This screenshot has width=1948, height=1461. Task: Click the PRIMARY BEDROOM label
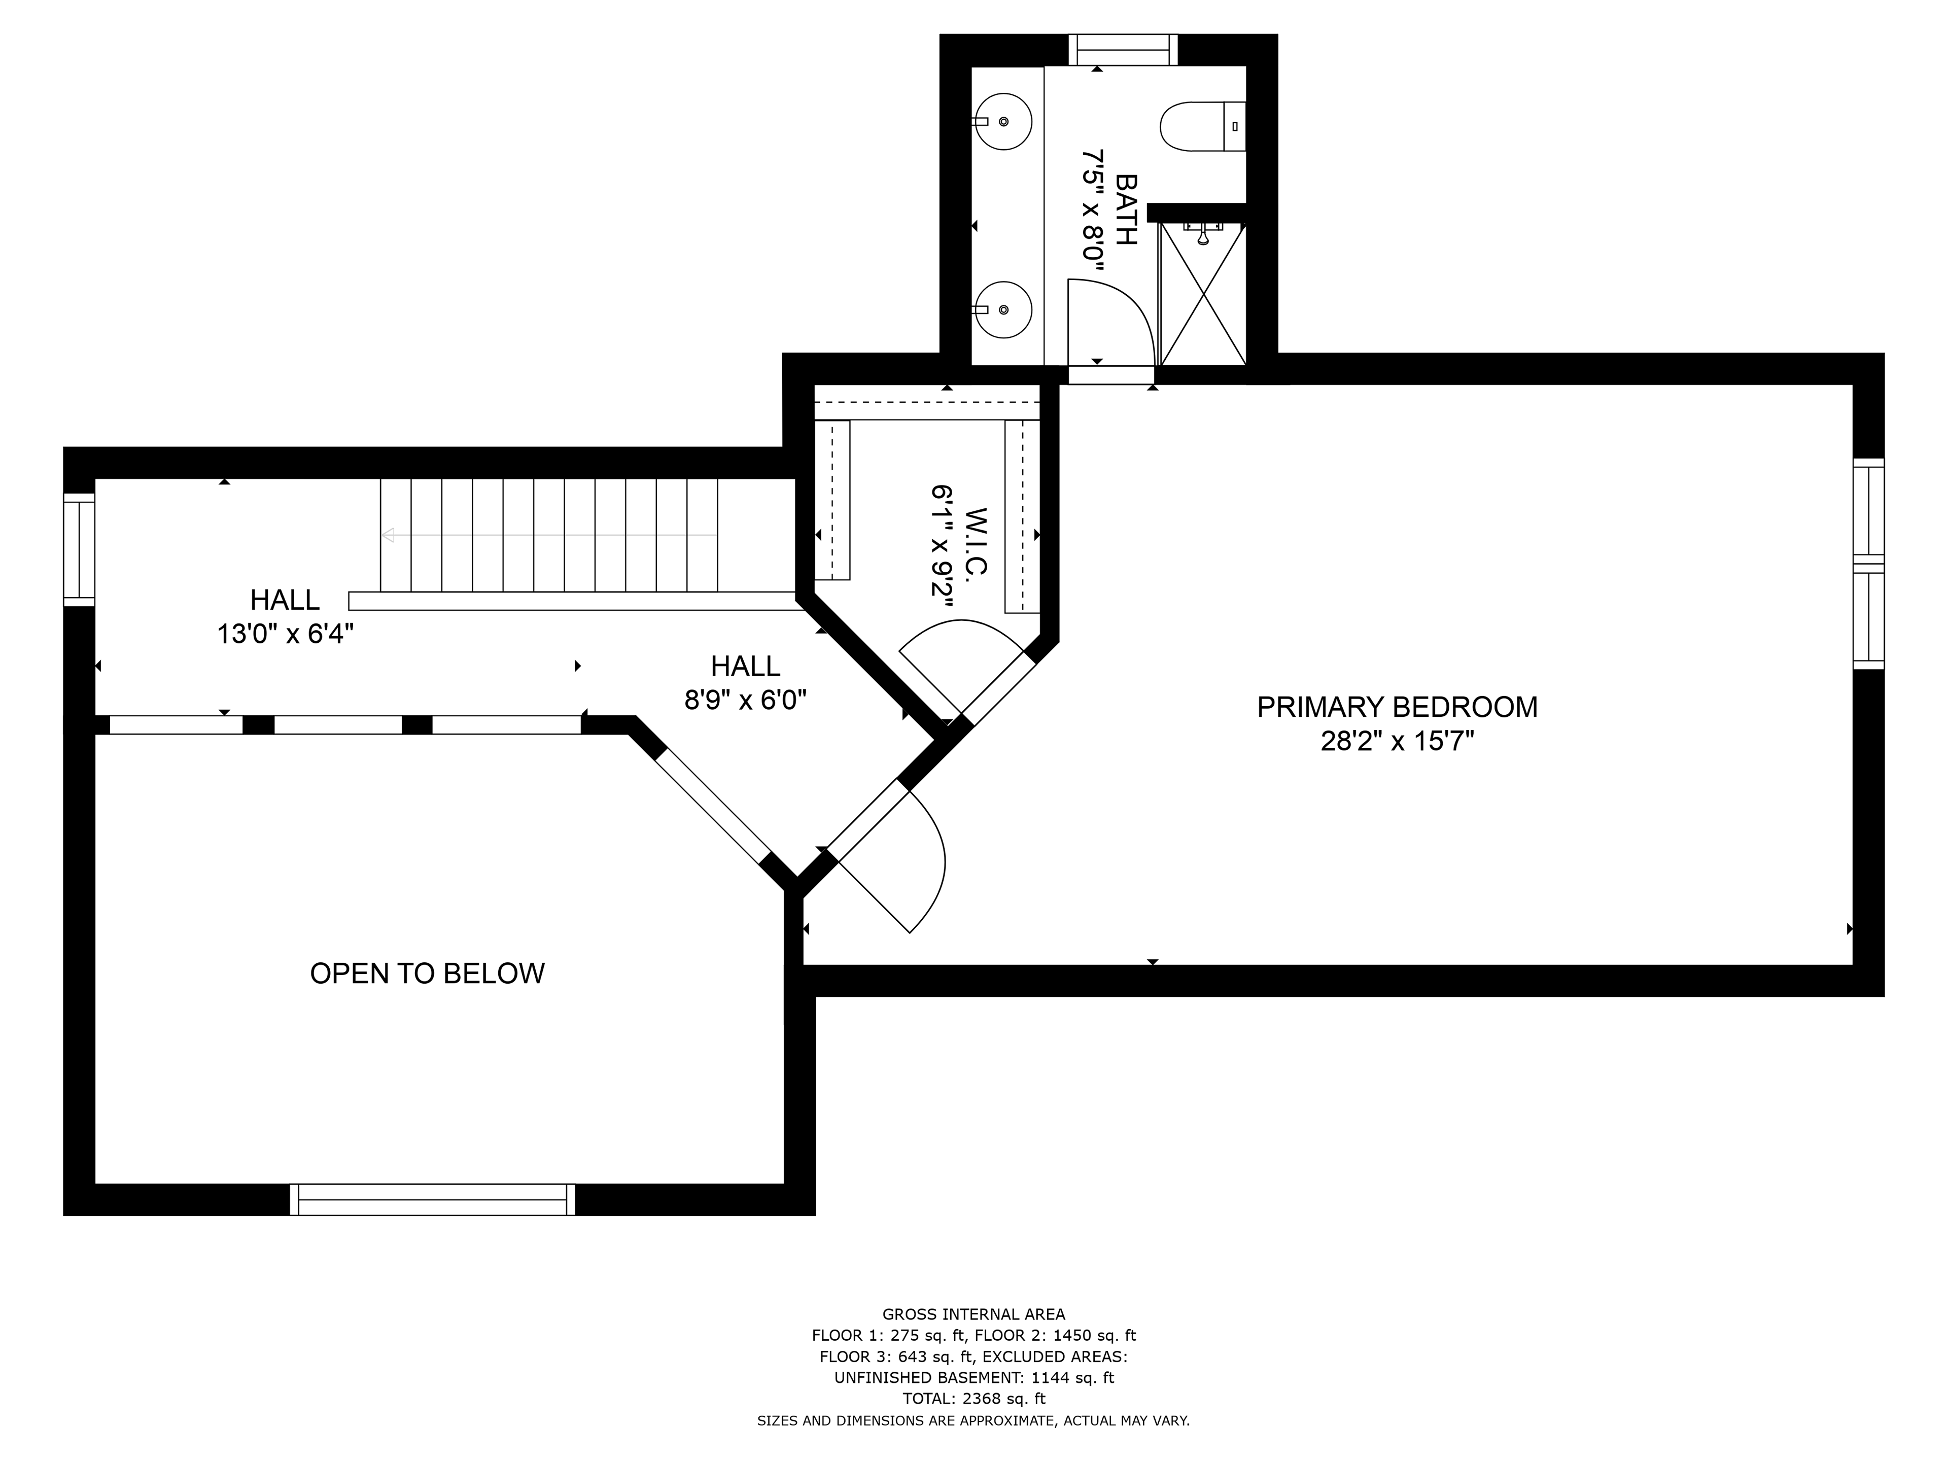pyautogui.click(x=1397, y=707)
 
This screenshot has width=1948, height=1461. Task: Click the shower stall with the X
pyautogui.click(x=1202, y=293)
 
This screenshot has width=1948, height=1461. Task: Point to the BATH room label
pyautogui.click(x=1126, y=210)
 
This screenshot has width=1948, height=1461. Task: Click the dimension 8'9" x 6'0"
pyautogui.click(x=746, y=700)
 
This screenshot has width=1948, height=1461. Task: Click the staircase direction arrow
pyautogui.click(x=549, y=535)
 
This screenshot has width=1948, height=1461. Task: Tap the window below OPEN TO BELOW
pyautogui.click(x=432, y=1199)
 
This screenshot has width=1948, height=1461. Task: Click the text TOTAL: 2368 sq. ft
pyautogui.click(x=974, y=1399)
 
